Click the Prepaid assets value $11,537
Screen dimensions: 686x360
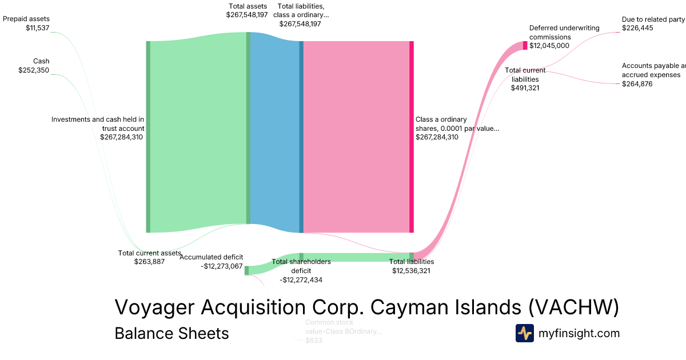tap(38, 27)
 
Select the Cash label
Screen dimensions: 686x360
tap(41, 61)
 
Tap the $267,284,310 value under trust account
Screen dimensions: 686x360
tap(121, 137)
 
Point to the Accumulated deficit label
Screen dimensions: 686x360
tap(211, 257)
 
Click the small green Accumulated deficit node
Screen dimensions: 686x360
tap(246, 270)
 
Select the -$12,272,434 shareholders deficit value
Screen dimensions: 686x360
tap(301, 280)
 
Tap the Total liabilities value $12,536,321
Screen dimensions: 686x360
tap(411, 271)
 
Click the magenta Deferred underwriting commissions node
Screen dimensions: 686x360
tap(525, 46)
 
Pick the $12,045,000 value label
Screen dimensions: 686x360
tap(549, 46)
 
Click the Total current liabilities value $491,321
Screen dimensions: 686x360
tap(525, 88)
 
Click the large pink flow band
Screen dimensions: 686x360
tap(356, 137)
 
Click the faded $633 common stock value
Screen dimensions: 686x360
tap(314, 341)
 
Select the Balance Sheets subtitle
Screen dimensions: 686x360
tap(171, 333)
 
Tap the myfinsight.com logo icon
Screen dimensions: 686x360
tap(524, 333)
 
